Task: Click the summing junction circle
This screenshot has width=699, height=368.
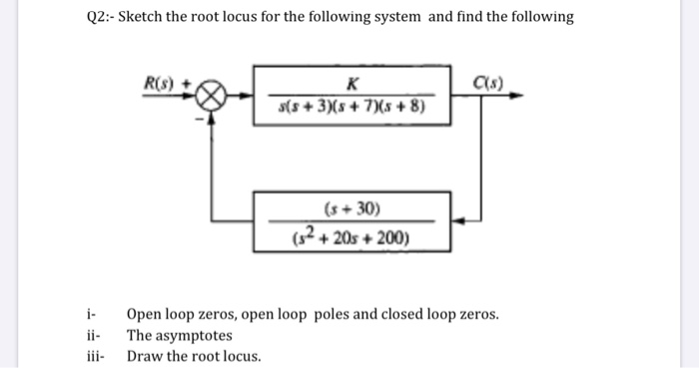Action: (x=212, y=96)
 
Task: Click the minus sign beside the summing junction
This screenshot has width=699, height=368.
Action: (x=198, y=119)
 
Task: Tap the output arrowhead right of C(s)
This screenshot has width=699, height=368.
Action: (x=515, y=96)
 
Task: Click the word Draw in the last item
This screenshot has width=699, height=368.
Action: (x=143, y=357)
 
